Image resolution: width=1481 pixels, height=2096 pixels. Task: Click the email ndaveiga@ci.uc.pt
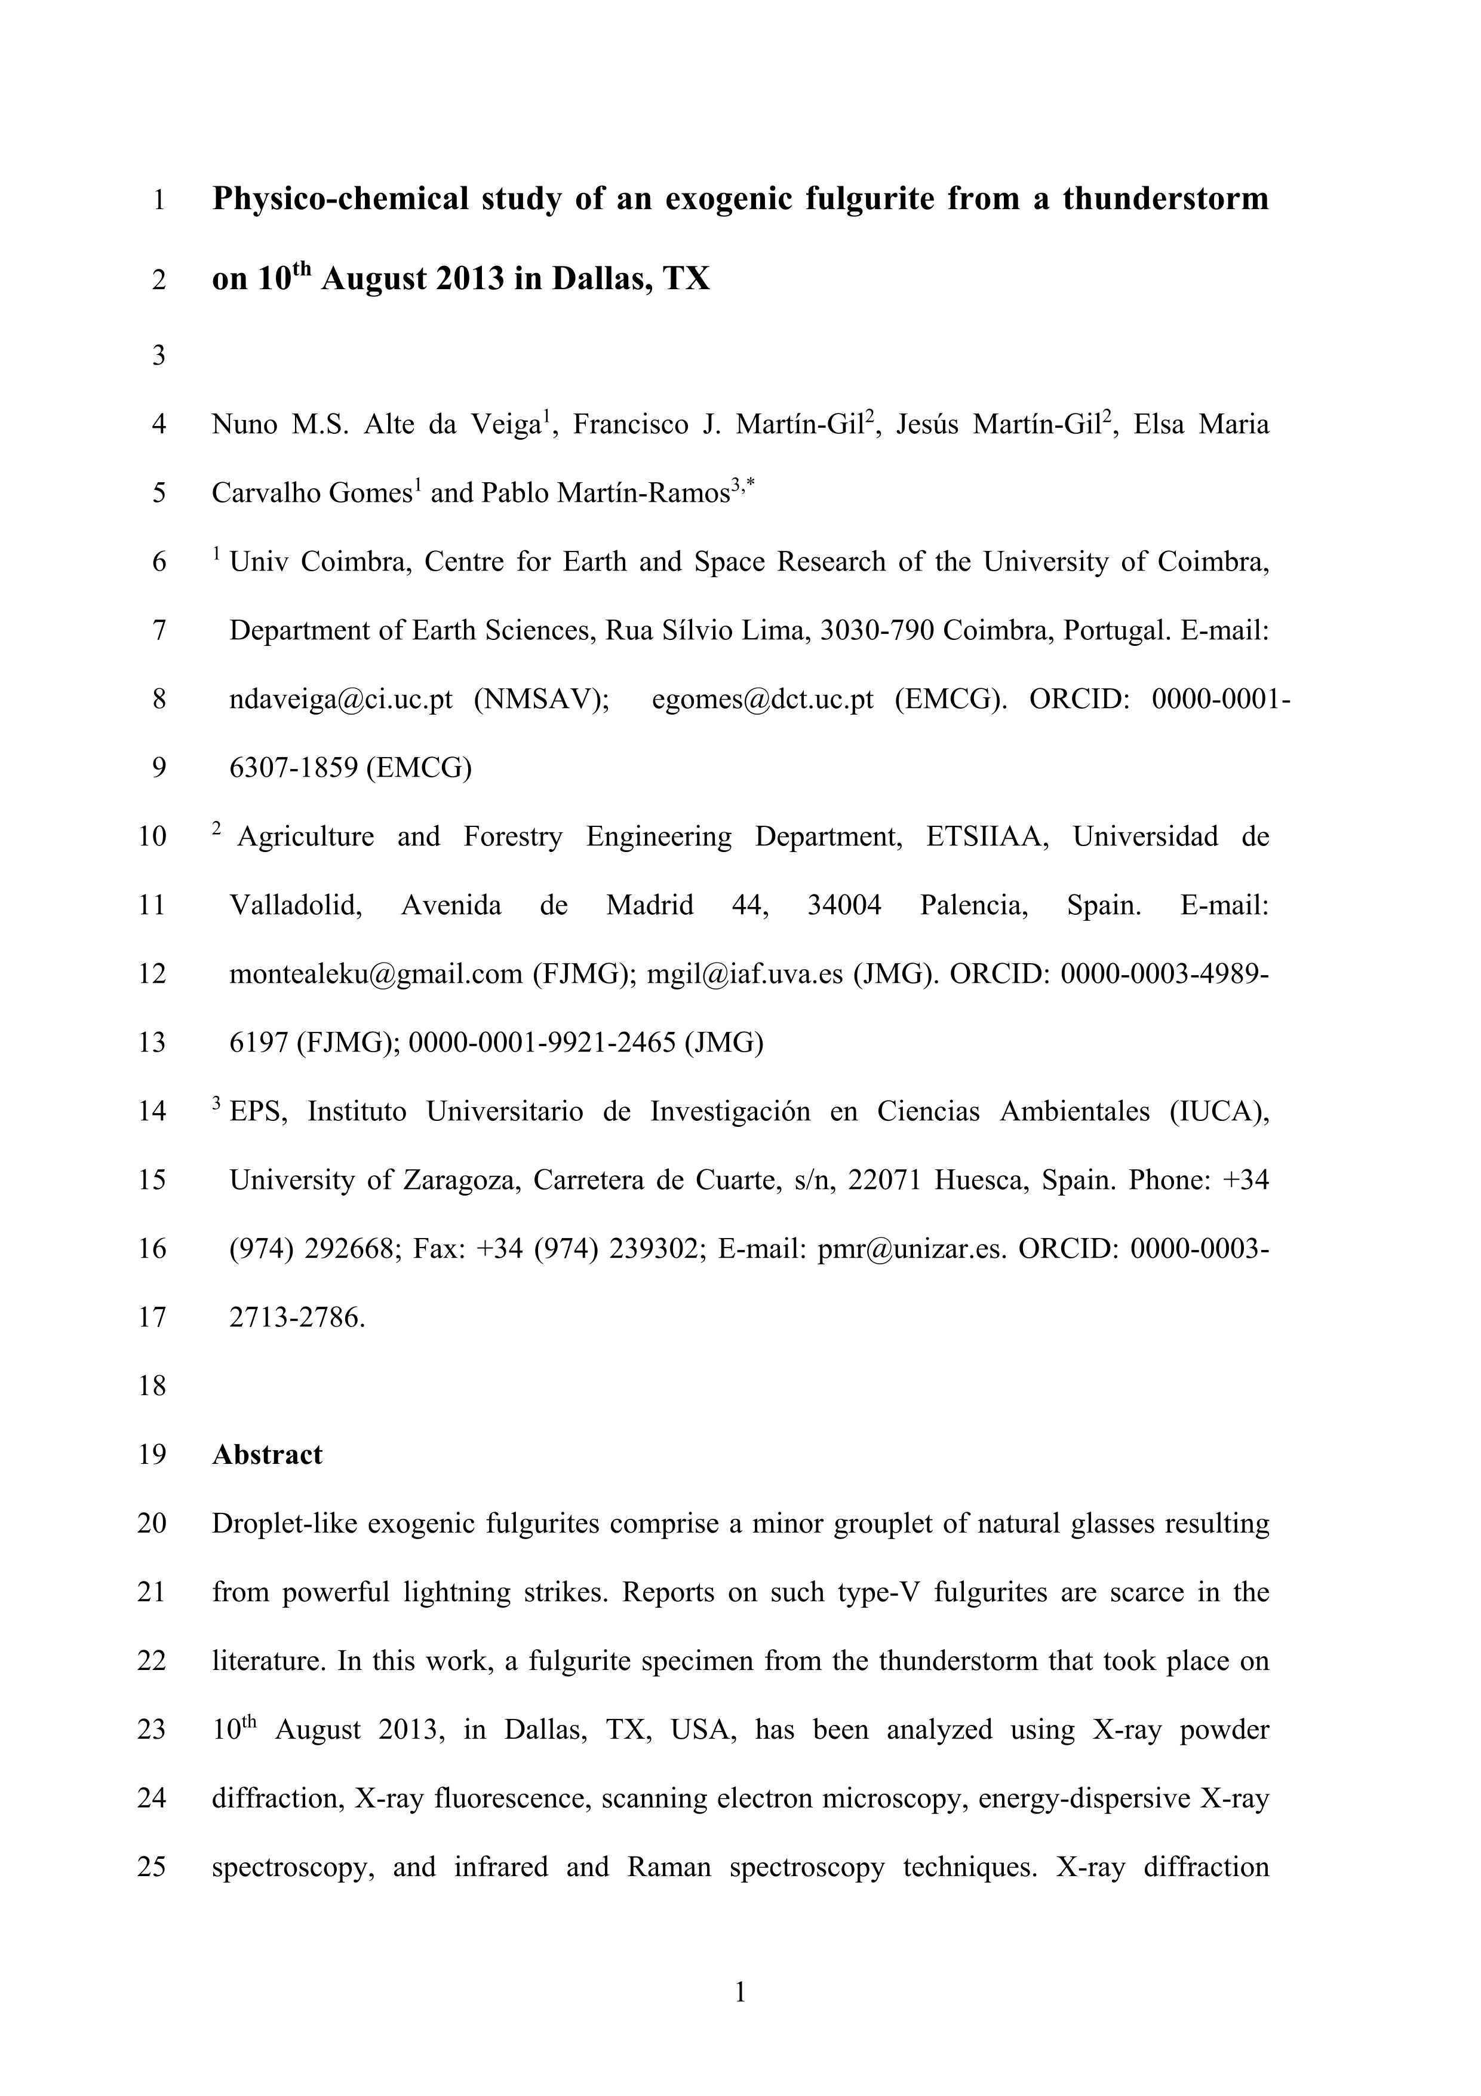340,699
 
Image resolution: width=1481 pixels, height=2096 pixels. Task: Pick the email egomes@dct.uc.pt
763,699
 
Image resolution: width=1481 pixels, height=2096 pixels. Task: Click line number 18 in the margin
152,1386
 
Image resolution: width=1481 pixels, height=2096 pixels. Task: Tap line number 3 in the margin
159,355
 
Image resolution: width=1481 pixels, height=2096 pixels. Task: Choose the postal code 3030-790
877,631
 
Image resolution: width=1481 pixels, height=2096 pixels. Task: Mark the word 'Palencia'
973,906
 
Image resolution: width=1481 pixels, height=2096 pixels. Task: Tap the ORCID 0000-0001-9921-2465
543,1043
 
